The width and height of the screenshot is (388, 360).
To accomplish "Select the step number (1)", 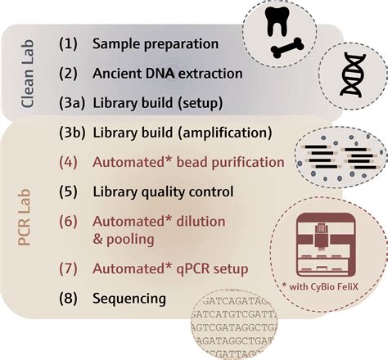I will point(70,43).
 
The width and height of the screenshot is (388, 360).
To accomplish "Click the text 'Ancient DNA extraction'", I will point(168,73).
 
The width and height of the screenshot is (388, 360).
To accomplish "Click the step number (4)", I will point(70,162).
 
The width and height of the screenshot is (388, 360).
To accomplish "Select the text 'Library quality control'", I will point(163,192).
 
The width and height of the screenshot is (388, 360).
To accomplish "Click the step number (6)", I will point(70,221).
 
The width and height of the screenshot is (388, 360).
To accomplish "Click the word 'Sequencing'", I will point(129,299).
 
